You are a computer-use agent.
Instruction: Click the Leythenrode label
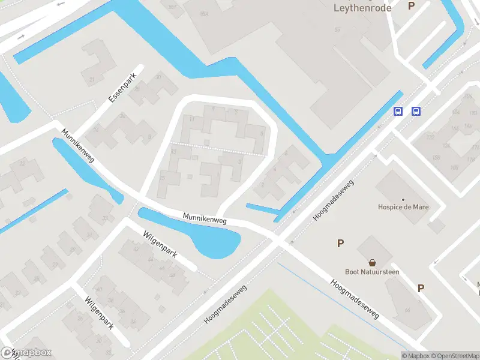point(362,8)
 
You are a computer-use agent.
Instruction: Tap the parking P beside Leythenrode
point(411,6)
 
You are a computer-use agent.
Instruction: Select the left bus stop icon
point(398,112)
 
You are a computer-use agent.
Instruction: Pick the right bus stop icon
point(416,112)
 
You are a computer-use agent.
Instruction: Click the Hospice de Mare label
point(403,208)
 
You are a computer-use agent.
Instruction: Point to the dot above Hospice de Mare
point(403,199)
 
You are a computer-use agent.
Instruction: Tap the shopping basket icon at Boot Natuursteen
point(372,262)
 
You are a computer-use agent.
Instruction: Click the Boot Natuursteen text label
point(372,272)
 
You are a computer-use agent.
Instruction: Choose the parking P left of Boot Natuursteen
point(340,243)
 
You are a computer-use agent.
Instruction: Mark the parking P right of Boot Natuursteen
point(421,288)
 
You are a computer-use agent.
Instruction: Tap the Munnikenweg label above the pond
point(205,218)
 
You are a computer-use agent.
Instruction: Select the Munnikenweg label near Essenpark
point(78,146)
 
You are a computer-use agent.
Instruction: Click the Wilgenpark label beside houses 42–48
point(159,243)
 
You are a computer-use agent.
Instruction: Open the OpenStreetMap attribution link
point(454,356)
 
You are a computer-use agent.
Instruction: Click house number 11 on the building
point(191,119)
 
